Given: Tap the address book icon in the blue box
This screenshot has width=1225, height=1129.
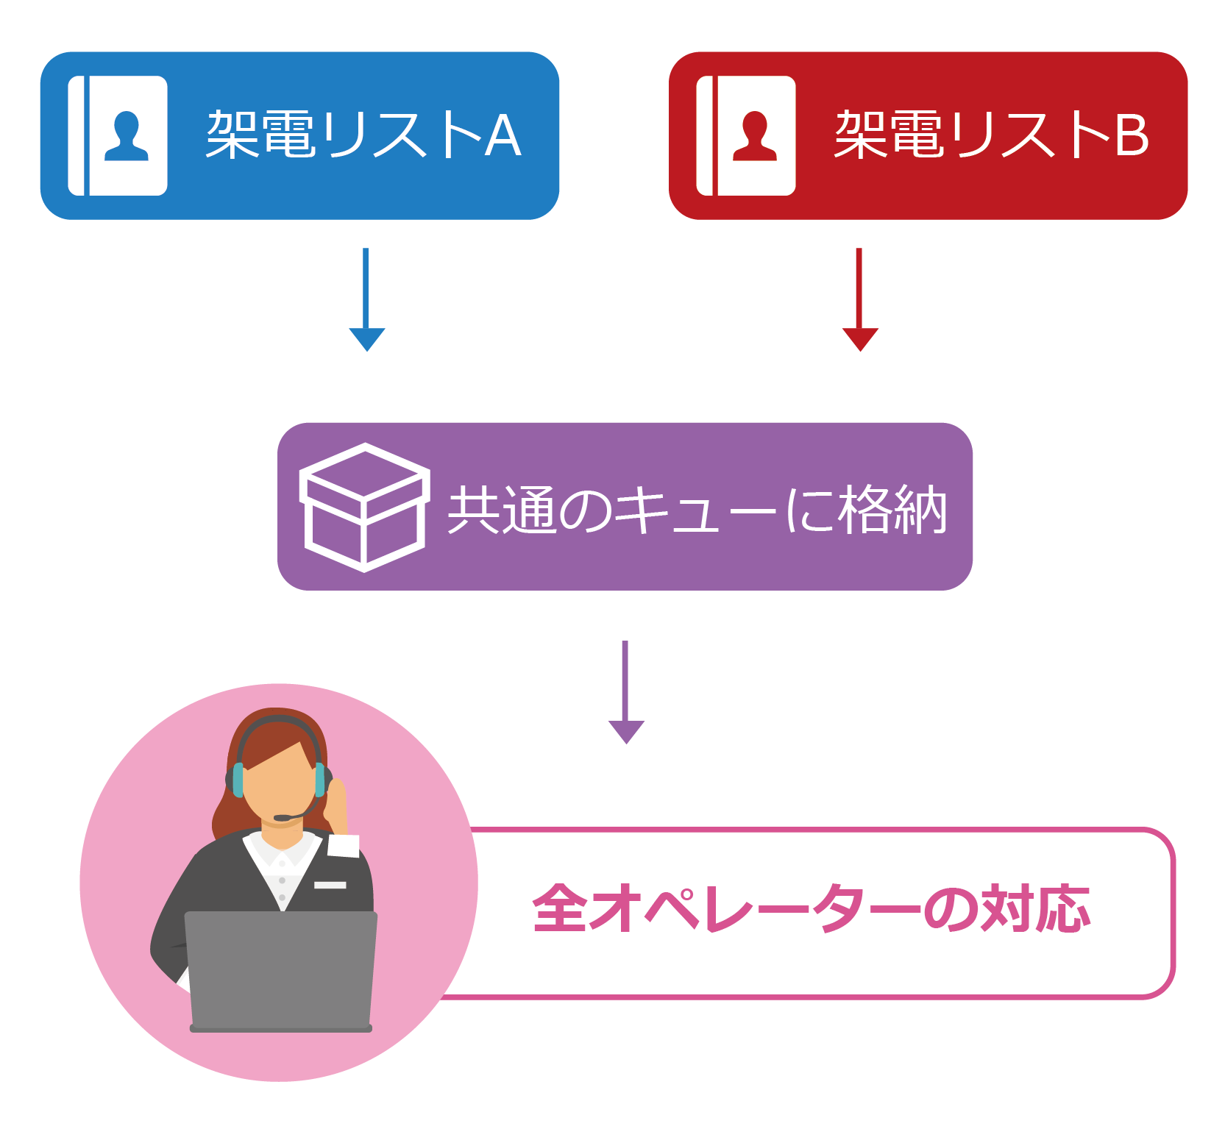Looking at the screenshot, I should click(x=118, y=135).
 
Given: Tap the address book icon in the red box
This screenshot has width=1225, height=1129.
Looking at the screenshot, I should click(x=746, y=135).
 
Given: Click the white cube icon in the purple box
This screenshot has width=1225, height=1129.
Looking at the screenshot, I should click(x=363, y=507).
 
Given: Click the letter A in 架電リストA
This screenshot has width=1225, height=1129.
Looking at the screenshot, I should click(x=503, y=136).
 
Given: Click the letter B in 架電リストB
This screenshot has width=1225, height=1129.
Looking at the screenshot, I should click(x=1132, y=136).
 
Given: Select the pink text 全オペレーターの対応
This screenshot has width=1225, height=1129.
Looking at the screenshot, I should click(x=811, y=909).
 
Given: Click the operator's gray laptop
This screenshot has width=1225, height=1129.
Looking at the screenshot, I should click(x=280, y=971).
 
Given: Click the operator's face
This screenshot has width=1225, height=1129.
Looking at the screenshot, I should click(x=280, y=787).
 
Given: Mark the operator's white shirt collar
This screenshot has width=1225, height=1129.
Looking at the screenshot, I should click(x=280, y=853).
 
